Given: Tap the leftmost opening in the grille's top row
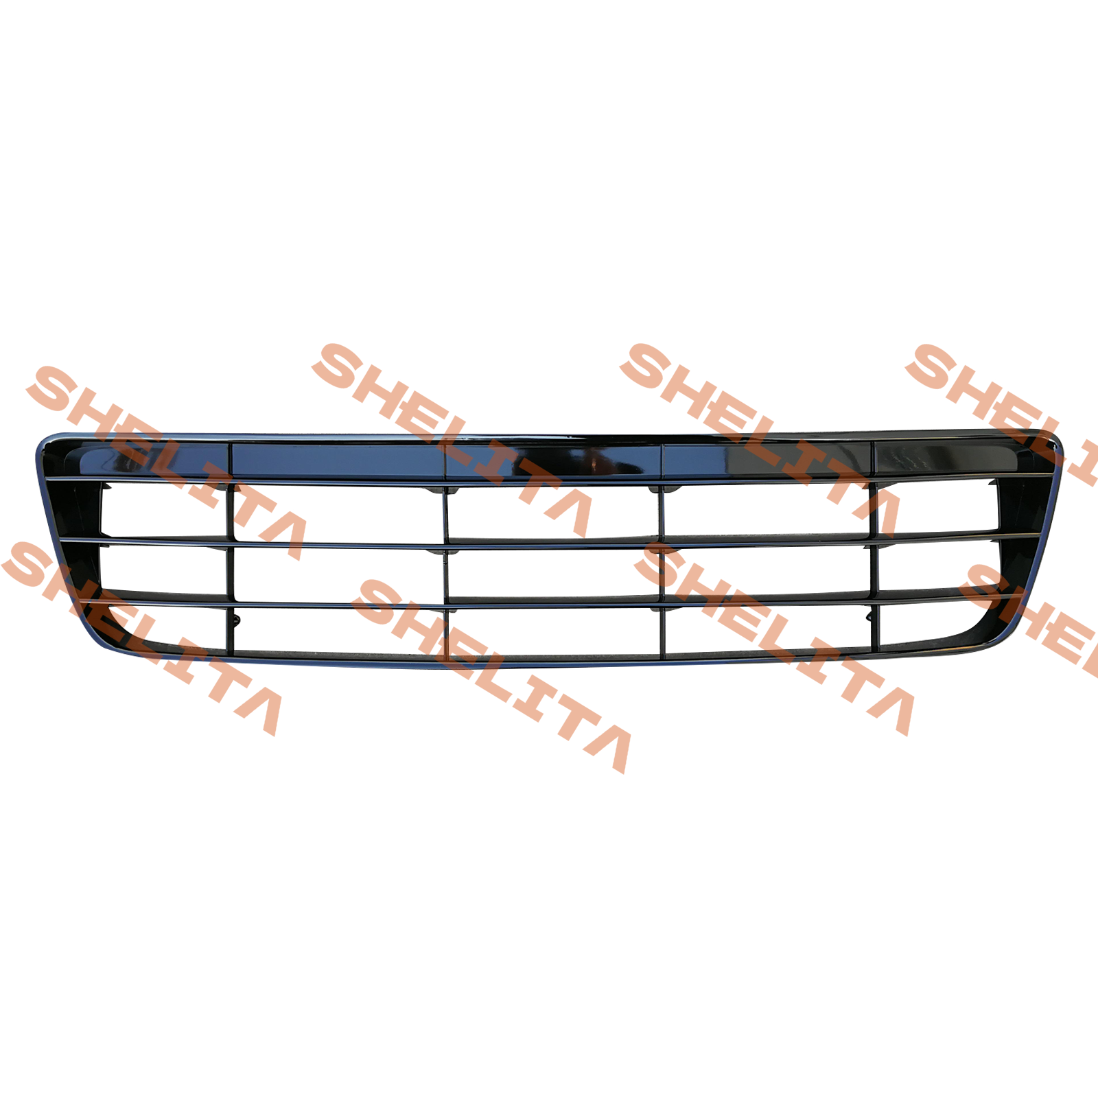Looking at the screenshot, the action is coord(163,510).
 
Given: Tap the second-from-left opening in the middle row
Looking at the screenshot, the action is coord(338,572).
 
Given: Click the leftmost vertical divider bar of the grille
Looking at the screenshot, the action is coord(231,549).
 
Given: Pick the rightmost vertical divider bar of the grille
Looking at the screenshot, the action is coord(874,546).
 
